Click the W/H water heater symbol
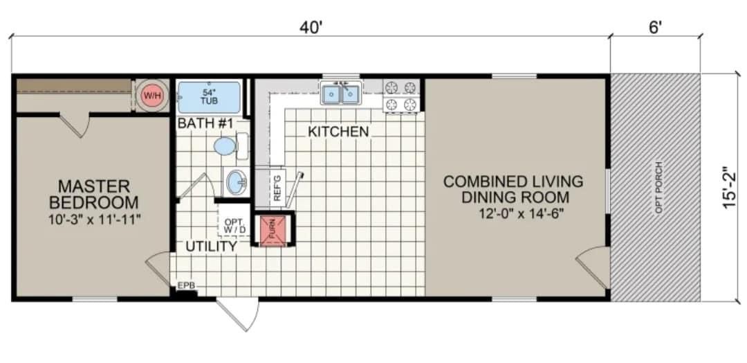coord(151,96)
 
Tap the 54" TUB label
coord(209,96)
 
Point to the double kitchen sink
coord(340,94)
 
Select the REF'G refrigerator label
coord(277,188)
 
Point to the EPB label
coord(186,285)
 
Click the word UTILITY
coord(212,246)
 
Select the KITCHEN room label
coord(338,132)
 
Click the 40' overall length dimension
coord(311,28)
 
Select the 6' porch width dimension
coord(655,28)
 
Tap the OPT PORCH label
coord(658,187)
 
